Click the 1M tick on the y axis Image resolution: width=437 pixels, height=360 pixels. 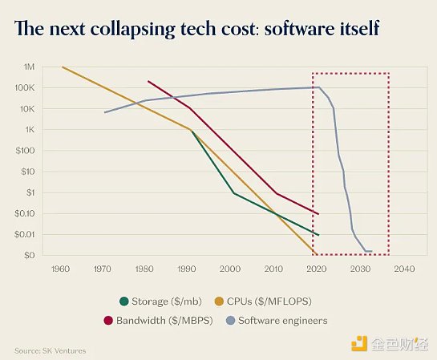[29, 67]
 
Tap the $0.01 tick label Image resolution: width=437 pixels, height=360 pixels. [25, 234]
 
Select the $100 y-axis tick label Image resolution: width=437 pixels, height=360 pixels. [26, 151]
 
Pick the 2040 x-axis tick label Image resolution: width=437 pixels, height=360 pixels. [405, 269]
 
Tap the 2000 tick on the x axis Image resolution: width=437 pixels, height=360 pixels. [231, 269]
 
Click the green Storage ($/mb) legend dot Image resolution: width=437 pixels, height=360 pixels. [123, 301]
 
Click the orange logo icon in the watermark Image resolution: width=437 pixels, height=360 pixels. [358, 343]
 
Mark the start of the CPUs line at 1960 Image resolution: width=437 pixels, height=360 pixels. [63, 67]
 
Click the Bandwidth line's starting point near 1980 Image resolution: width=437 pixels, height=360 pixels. [148, 81]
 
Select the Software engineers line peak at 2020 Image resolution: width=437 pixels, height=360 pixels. [319, 87]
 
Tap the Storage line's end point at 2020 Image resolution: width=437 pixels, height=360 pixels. [319, 235]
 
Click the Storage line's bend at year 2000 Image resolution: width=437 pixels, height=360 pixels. [233, 193]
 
